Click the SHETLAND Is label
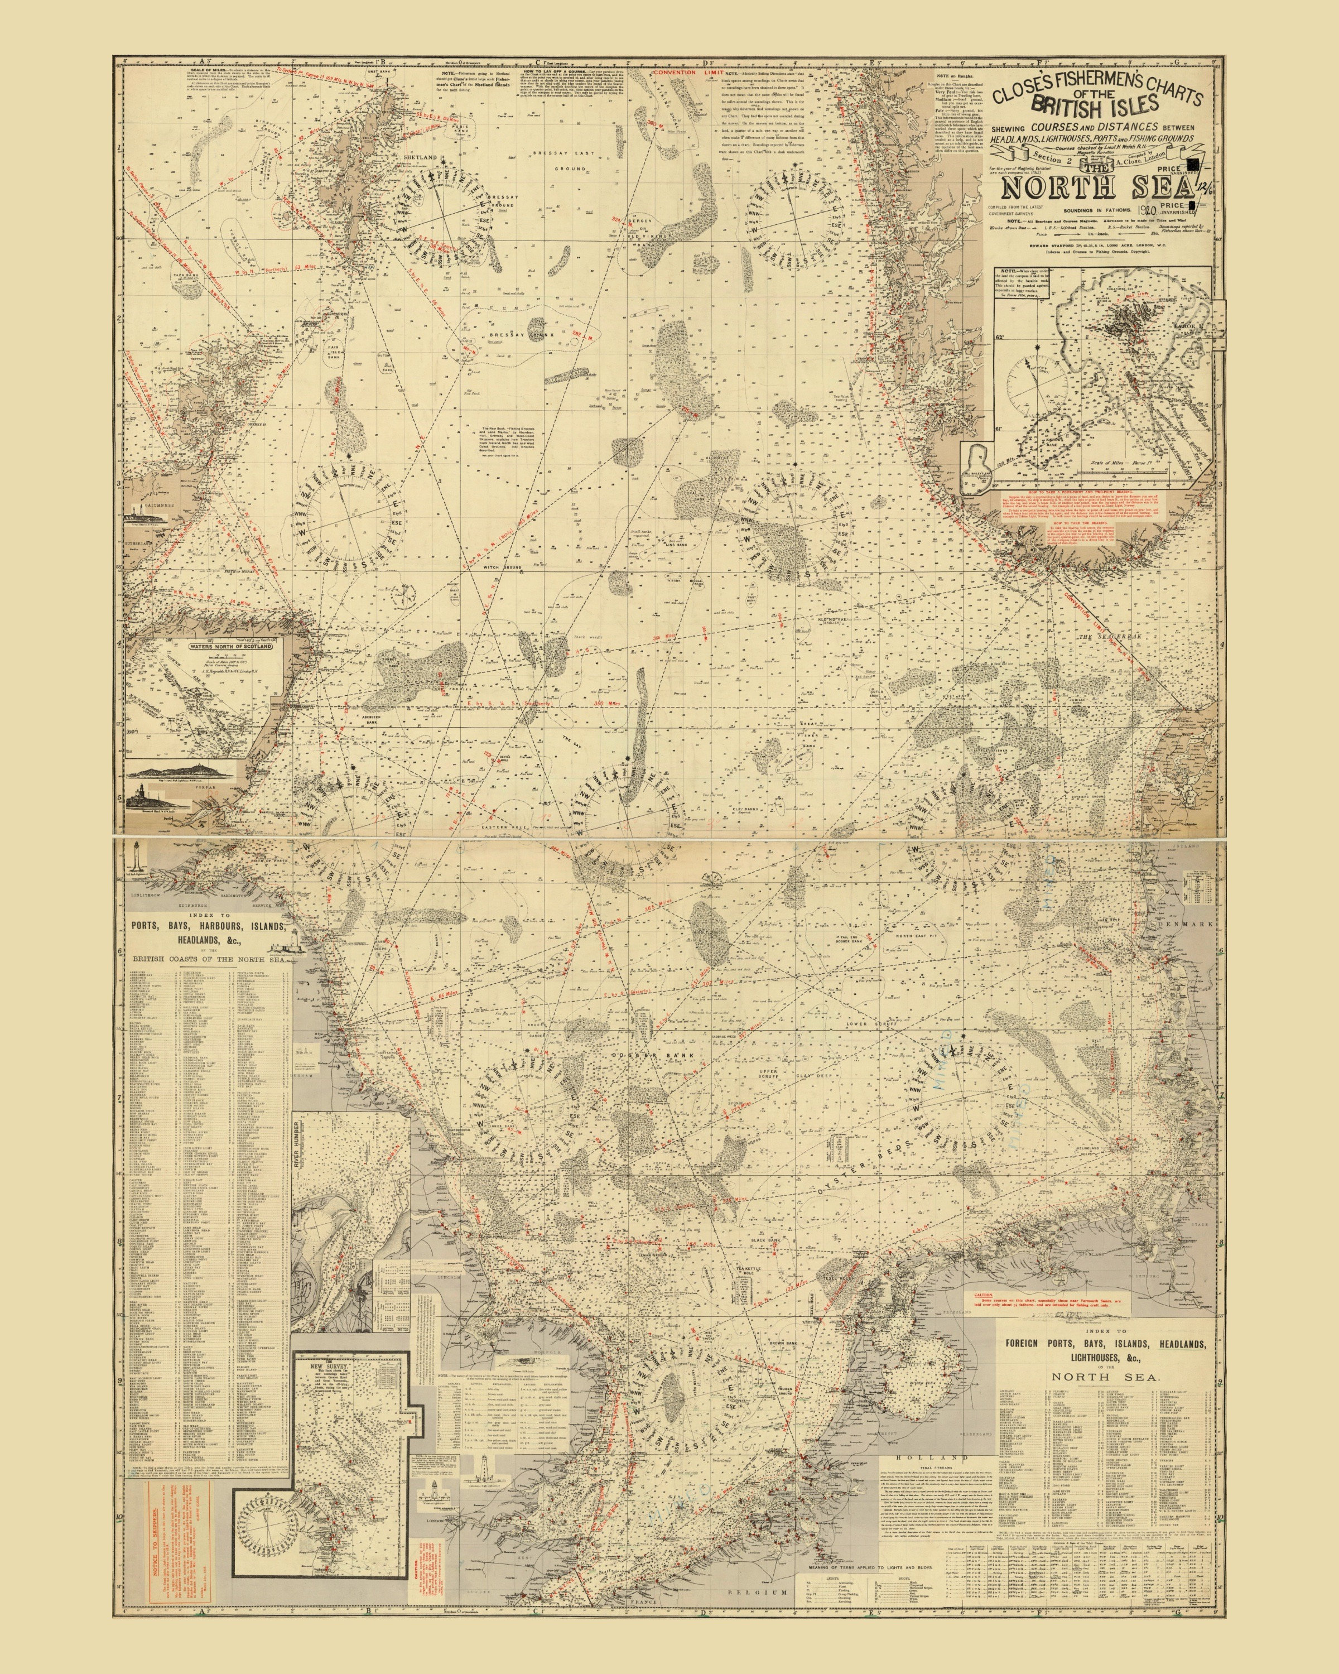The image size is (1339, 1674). pos(421,157)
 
